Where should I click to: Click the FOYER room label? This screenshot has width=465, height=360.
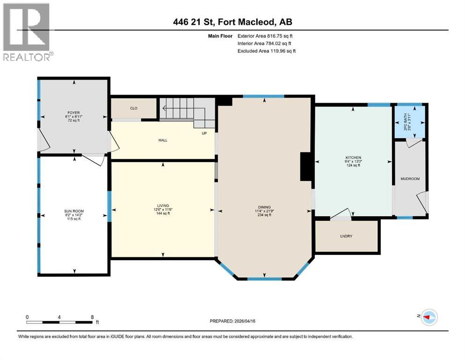(73, 112)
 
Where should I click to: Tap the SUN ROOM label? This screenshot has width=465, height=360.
(74, 211)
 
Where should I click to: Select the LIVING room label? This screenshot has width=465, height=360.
(163, 205)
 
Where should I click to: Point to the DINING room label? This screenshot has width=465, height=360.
(265, 207)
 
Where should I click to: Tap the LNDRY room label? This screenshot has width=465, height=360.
(346, 236)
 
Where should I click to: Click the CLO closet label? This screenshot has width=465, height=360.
(133, 108)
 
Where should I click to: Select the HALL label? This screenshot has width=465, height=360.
(162, 140)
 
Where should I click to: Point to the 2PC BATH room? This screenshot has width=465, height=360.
(410, 122)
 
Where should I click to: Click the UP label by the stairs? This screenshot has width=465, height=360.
(204, 134)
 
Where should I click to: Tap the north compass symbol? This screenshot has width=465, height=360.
(429, 317)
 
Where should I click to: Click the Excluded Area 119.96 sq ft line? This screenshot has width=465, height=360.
(266, 51)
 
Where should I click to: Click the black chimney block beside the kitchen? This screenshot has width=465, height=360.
(306, 166)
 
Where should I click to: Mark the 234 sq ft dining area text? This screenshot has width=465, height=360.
(265, 215)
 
